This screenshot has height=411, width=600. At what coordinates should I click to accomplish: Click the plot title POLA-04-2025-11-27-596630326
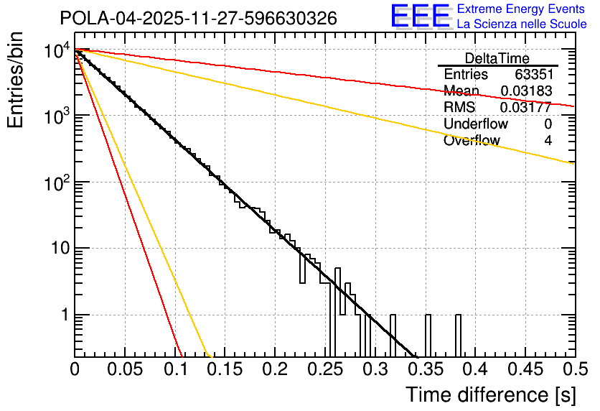pos(199,19)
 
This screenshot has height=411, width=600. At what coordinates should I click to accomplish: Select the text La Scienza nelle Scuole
pos(522,24)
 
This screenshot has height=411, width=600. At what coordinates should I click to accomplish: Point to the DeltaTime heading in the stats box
pos(497,58)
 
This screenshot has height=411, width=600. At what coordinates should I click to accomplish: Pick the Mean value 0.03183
pos(526,91)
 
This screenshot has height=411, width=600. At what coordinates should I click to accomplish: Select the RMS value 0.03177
pos(526,108)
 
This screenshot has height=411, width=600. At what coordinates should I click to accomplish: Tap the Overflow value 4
pos(548,141)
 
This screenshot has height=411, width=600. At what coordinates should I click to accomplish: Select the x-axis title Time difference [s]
pos(489,394)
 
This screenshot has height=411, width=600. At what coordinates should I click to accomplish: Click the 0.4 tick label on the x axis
pos(474,369)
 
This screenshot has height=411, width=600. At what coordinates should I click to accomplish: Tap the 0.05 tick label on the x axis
pos(124,369)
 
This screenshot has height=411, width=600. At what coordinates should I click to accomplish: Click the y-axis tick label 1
pos(62,315)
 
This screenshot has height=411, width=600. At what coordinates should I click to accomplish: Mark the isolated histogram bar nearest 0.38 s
pos(458,336)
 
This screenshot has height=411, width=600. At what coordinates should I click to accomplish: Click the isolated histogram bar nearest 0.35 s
pos(428,336)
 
